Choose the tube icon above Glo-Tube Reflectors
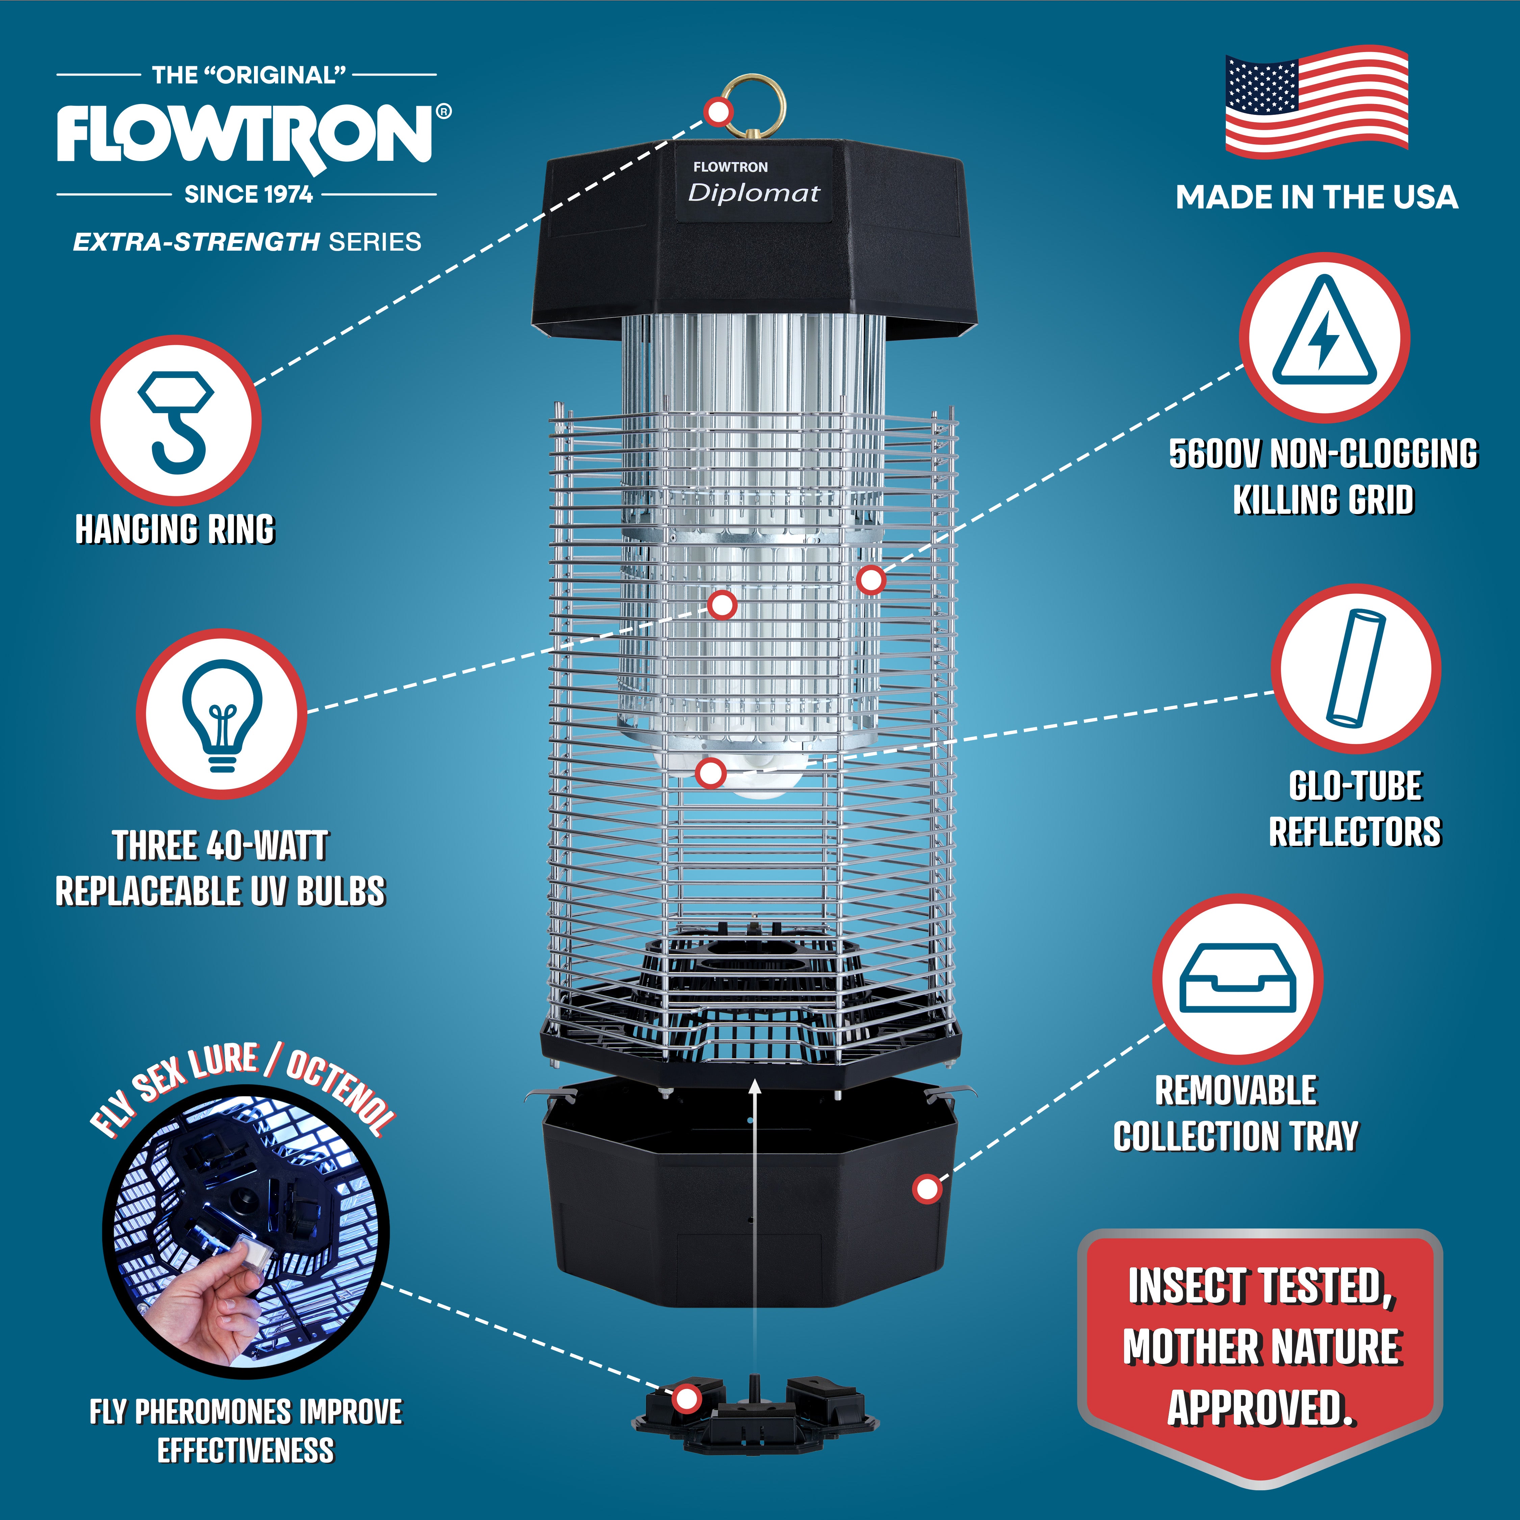pos(1356,669)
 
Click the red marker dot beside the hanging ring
pos(718,112)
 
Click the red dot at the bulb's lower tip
pos(711,772)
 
